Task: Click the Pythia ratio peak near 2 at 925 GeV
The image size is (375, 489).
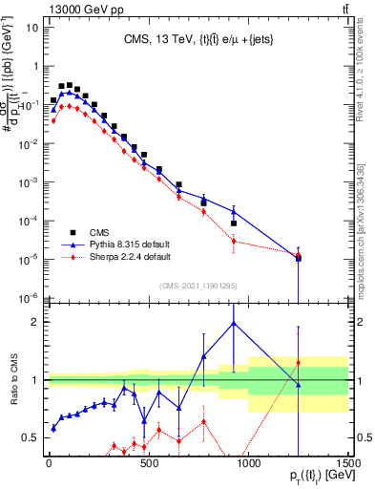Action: (234, 323)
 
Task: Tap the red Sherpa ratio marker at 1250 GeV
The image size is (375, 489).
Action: (298, 363)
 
